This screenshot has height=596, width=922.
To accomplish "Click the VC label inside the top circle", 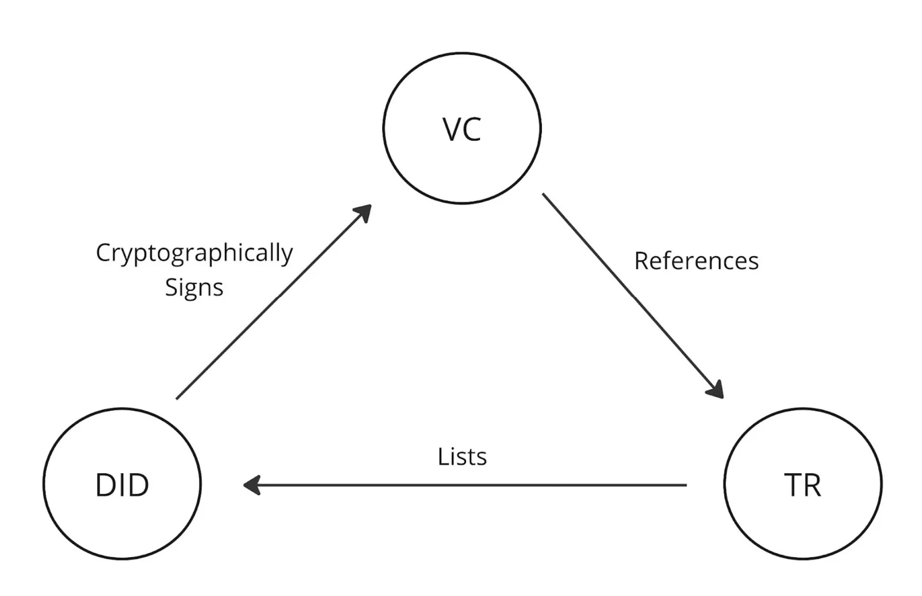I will pos(462,129).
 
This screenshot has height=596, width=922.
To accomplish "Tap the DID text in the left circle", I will pos(122,485).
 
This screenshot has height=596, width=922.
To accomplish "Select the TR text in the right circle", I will pos(802,485).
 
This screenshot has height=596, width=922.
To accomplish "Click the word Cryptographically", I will pos(194,253).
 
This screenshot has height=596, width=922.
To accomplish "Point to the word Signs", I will pos(194,288).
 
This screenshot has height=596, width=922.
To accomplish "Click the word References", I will pos(696,261).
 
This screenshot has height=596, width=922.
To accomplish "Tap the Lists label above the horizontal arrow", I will pos(462,457).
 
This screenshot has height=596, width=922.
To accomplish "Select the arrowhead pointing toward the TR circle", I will pos(716,390).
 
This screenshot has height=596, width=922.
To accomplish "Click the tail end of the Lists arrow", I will pos(685,485).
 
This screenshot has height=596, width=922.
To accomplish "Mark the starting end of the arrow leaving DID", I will pos(178,398).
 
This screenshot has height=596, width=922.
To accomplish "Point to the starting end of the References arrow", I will pos(544,195).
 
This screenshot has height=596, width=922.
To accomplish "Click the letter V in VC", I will pos(452,129).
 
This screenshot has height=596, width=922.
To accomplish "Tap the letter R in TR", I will pos(812,485).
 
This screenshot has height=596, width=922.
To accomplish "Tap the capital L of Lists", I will pos(442,457).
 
